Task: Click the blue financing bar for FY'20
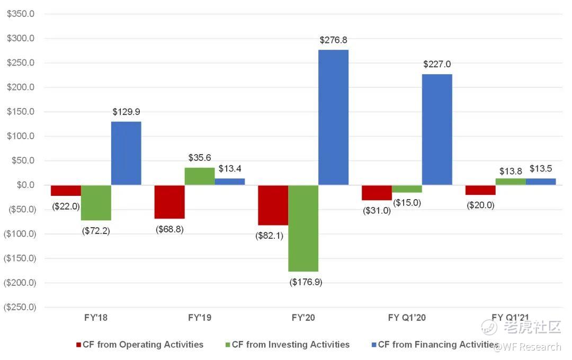click(333, 117)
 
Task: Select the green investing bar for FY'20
click(303, 228)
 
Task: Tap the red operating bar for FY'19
click(169, 202)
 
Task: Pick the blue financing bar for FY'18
click(126, 153)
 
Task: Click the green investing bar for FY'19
click(200, 176)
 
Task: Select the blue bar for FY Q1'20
click(437, 129)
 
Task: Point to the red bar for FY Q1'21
click(480, 190)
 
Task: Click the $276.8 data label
click(333, 40)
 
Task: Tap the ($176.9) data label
click(306, 282)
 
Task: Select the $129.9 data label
click(126, 112)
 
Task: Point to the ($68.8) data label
click(169, 230)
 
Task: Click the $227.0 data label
click(437, 65)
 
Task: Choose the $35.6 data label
click(200, 158)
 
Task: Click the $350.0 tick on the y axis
click(20, 14)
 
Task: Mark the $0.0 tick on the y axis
click(24, 185)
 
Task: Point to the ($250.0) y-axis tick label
click(19, 307)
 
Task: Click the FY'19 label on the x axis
click(200, 318)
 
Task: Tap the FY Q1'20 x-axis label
click(407, 318)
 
